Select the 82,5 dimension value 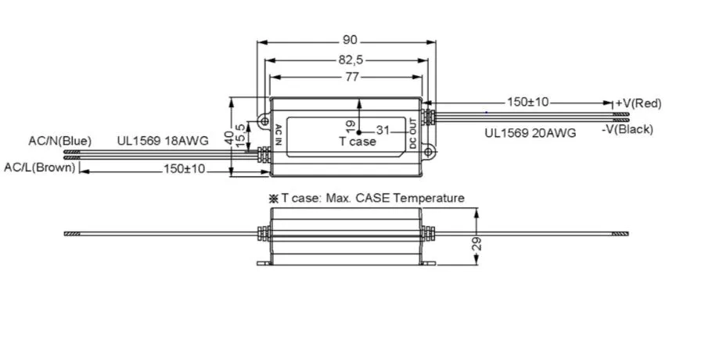(x=350, y=59)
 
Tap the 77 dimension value (x=350, y=77)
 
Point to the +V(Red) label (x=638, y=103)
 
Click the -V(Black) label (x=627, y=129)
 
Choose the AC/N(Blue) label (x=59, y=141)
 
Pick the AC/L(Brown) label (x=40, y=167)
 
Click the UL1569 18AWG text (x=163, y=141)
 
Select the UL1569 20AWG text (x=530, y=133)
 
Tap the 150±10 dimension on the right (x=528, y=102)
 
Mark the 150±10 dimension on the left (x=184, y=169)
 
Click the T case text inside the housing (x=357, y=142)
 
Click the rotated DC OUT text (x=414, y=133)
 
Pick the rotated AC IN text (x=277, y=133)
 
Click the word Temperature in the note (x=429, y=198)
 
